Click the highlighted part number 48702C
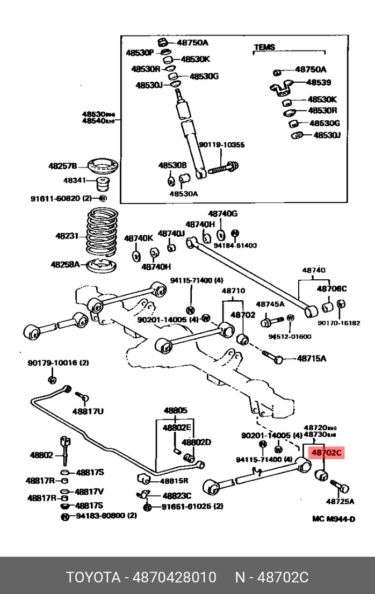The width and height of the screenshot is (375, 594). (x=326, y=453)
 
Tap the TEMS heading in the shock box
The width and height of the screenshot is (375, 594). (x=264, y=48)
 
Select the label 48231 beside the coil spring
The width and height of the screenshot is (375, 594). (x=67, y=236)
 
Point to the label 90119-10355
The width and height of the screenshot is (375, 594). (x=221, y=145)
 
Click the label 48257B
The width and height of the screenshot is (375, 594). (x=63, y=166)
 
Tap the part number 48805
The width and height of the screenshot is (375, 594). (x=176, y=411)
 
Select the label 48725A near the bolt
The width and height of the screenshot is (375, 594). (x=341, y=502)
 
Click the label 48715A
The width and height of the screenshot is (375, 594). (x=312, y=358)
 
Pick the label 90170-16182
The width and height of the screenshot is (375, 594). (x=338, y=323)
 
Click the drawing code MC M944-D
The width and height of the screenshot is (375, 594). (x=334, y=519)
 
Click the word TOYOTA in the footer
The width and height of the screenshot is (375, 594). (x=93, y=577)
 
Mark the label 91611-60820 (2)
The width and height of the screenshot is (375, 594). (x=61, y=198)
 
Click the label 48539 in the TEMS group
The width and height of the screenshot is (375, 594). (x=319, y=83)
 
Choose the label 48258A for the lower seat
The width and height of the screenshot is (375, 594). (x=65, y=264)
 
